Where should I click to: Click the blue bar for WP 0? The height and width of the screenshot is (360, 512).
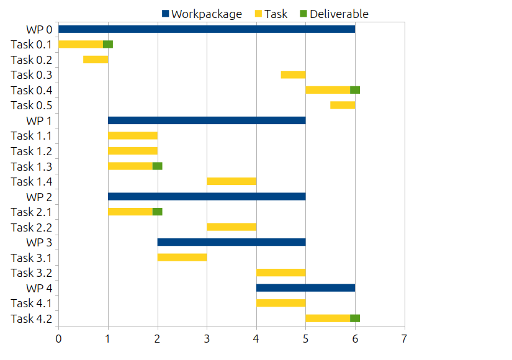tap(207, 29)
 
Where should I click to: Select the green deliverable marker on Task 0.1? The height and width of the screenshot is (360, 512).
tap(108, 44)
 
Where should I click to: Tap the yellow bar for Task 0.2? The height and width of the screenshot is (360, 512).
tap(96, 60)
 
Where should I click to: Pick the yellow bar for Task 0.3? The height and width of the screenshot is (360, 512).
tap(293, 74)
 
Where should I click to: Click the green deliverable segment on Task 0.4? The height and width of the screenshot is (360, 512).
tap(355, 90)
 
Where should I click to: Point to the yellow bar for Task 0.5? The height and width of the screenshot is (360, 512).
tap(343, 105)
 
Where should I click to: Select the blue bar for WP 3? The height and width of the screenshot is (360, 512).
tap(231, 242)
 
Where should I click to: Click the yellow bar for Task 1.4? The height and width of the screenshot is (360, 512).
tap(231, 181)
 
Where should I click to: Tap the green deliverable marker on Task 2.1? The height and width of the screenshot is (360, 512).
tap(158, 212)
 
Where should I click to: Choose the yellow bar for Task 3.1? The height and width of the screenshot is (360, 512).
tap(182, 258)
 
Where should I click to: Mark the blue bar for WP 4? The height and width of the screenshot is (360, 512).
tap(305, 288)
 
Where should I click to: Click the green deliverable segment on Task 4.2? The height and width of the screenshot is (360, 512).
tap(355, 318)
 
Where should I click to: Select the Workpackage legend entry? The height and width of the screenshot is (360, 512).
tap(202, 14)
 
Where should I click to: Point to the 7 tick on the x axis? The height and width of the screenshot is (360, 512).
tap(405, 339)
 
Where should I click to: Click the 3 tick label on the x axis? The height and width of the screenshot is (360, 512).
tap(207, 339)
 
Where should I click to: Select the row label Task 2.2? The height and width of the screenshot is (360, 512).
tap(31, 227)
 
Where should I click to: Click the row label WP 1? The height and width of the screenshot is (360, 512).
tap(38, 120)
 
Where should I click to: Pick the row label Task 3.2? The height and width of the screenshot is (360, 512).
tap(31, 272)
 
